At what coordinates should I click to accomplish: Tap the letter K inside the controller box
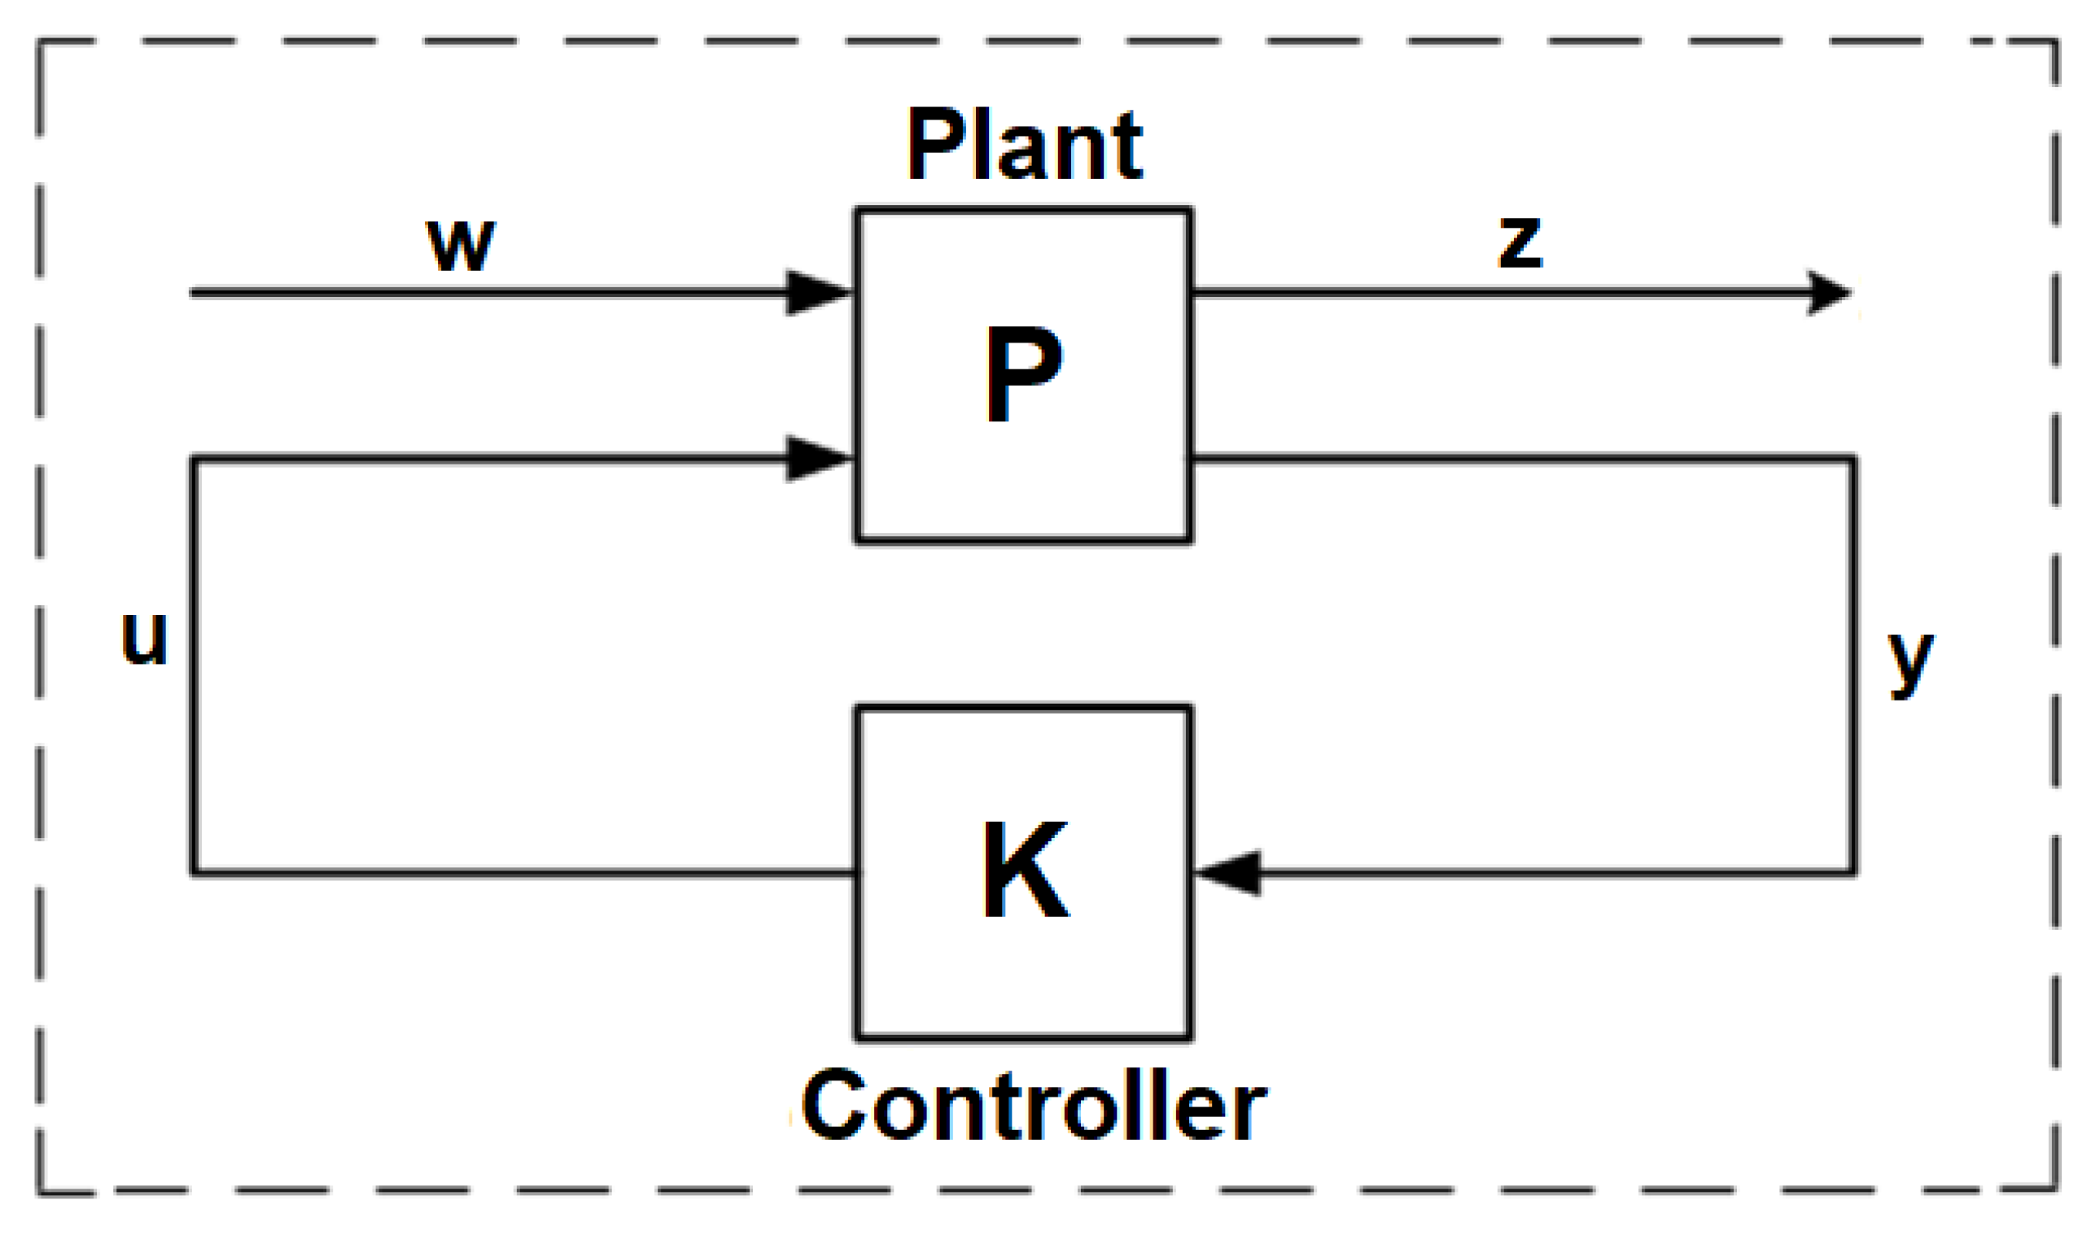tap(1025, 871)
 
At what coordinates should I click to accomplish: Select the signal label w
tap(461, 245)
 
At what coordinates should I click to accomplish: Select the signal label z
tap(1519, 242)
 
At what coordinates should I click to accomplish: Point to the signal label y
tap(1909, 661)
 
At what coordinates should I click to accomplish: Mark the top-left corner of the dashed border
tap(40, 41)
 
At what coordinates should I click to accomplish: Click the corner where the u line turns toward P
tap(194, 459)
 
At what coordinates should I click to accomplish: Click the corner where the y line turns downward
tap(1853, 459)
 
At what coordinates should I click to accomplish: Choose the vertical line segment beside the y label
tap(1853, 666)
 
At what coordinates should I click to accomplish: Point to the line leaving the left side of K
tap(524, 873)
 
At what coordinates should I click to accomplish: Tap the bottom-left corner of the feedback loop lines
tap(194, 873)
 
